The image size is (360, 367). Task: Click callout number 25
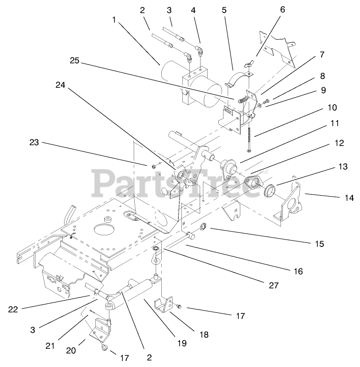(x=75, y=61)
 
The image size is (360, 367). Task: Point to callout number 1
(x=114, y=20)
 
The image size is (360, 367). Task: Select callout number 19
(x=181, y=343)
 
